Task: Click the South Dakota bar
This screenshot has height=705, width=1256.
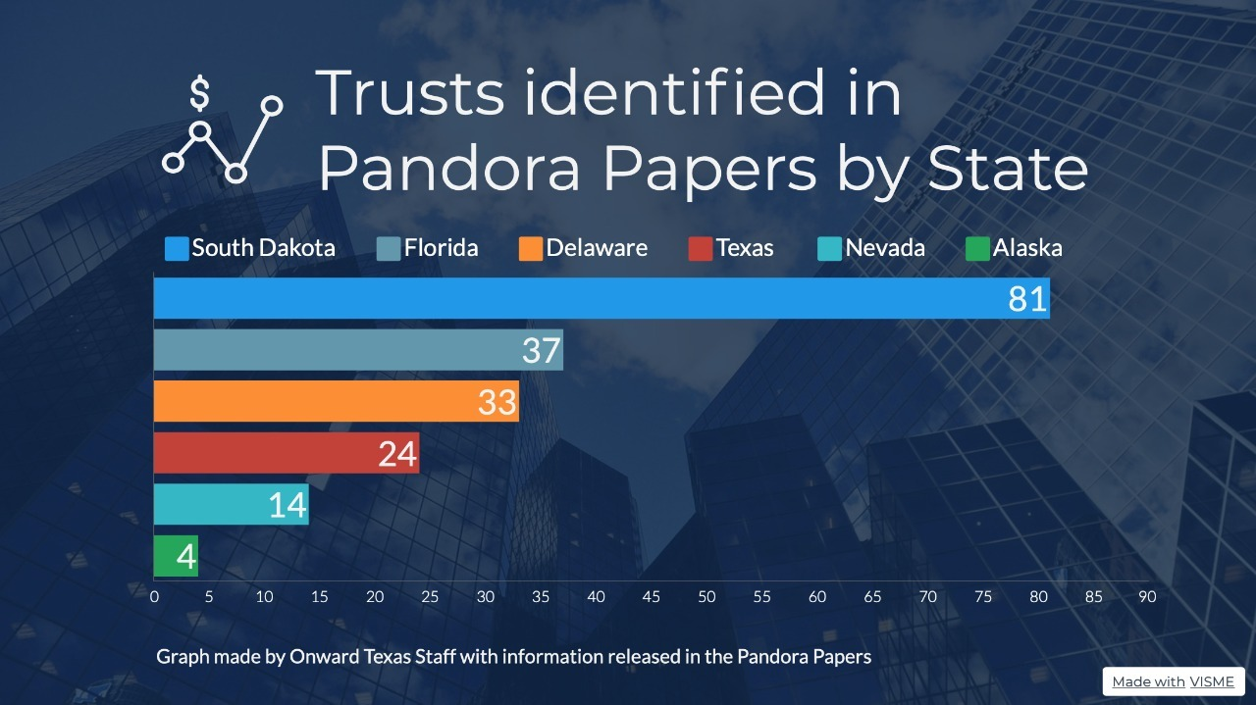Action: point(589,298)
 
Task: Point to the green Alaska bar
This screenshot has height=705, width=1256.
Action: point(166,556)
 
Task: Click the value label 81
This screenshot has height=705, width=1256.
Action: point(1027,299)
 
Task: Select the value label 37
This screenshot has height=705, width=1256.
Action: point(541,350)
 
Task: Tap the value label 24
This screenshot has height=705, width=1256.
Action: point(397,453)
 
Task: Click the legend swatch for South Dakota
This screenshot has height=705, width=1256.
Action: point(177,249)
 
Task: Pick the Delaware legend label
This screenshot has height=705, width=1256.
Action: point(597,248)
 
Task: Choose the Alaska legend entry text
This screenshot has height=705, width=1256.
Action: point(1027,248)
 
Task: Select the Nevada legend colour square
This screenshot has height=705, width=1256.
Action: point(829,249)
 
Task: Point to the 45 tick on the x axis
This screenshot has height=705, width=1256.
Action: point(652,596)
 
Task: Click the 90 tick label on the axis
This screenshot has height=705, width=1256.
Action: point(1147,596)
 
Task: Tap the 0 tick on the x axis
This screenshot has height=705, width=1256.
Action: point(154,596)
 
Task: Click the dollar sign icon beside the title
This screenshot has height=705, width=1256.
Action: point(199,94)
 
